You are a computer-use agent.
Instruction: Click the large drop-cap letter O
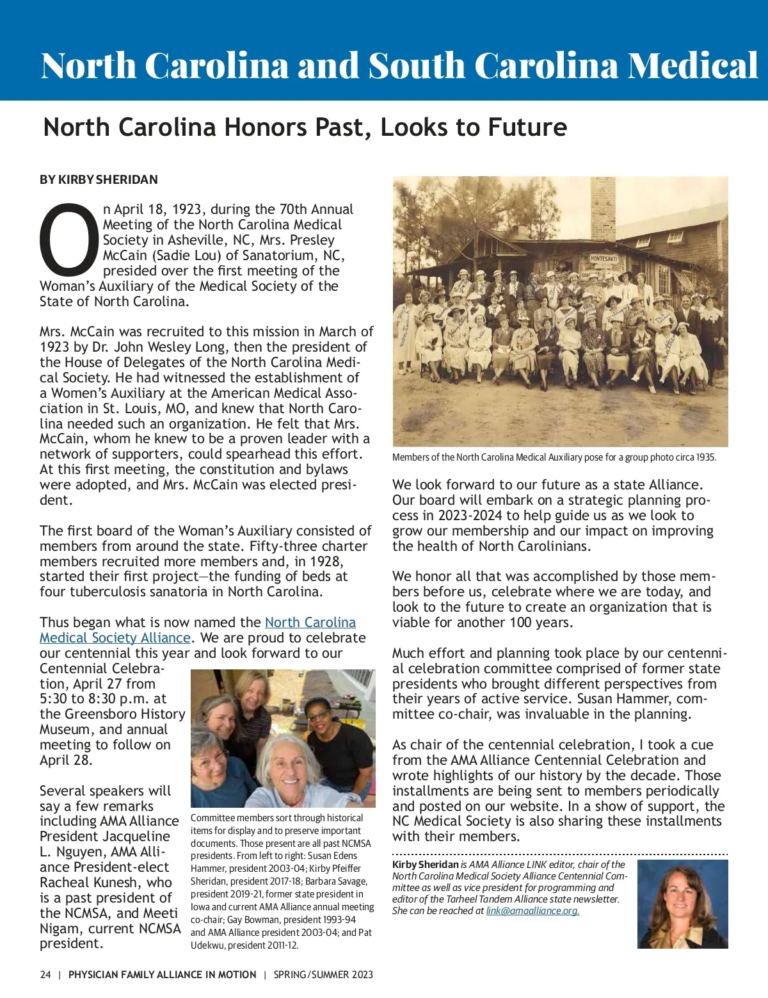click(x=69, y=238)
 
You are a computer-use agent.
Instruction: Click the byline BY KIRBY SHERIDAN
click(x=99, y=179)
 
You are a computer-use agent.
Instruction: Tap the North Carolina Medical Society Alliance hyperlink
click(x=197, y=630)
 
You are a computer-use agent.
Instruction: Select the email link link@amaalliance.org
click(x=532, y=911)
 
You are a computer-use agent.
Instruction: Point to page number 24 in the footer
click(x=45, y=975)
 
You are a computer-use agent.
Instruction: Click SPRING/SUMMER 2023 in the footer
click(x=323, y=975)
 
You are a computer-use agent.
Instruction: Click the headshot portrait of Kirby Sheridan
click(x=683, y=904)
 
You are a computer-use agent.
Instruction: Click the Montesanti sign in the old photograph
click(x=603, y=259)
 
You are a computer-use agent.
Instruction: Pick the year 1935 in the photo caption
click(x=706, y=457)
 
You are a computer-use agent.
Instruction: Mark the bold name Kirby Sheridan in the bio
click(x=425, y=865)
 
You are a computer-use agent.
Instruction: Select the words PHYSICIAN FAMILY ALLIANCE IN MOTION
click(x=162, y=975)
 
